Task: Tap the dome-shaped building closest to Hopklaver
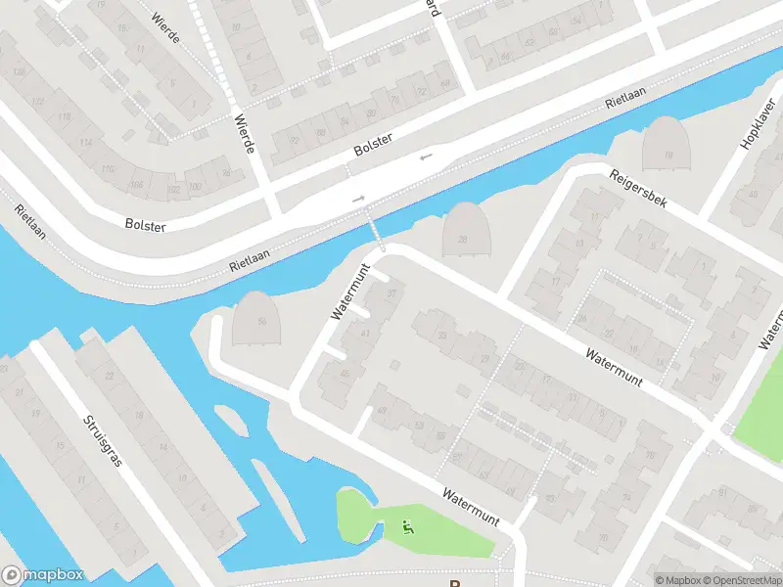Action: pyautogui.click(x=668, y=147)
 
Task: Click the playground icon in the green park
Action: pyautogui.click(x=406, y=529)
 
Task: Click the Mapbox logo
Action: pyautogui.click(x=42, y=575)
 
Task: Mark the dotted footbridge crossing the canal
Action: pyautogui.click(x=377, y=234)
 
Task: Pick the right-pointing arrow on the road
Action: pyautogui.click(x=359, y=199)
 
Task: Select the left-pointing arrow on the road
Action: pyautogui.click(x=425, y=157)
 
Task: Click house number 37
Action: pyautogui.click(x=393, y=293)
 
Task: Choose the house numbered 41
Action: pyautogui.click(x=366, y=334)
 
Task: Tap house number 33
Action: pyautogui.click(x=442, y=336)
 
